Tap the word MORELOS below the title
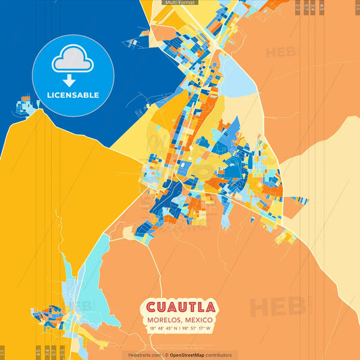(162, 319)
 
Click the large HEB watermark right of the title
(277, 307)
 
